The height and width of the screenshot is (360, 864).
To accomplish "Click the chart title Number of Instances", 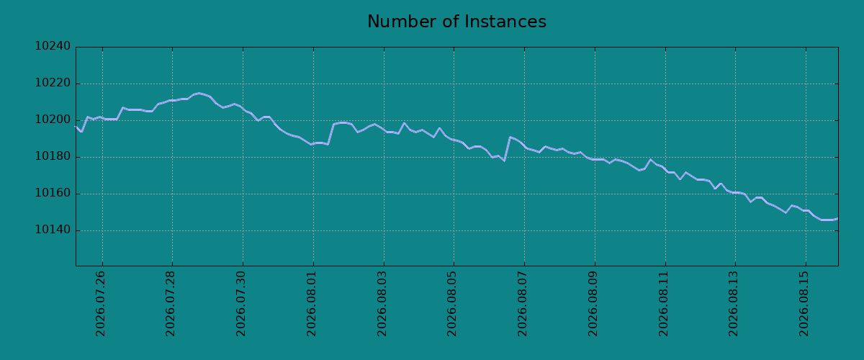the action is pyautogui.click(x=456, y=22).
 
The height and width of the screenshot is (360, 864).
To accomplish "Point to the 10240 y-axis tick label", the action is pyautogui.click(x=53, y=46).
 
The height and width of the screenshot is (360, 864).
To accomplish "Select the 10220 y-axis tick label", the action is pyautogui.click(x=53, y=83).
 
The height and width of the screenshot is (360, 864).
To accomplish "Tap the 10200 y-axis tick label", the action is pyautogui.click(x=53, y=120).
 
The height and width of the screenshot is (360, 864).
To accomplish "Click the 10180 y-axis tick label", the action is pyautogui.click(x=53, y=157).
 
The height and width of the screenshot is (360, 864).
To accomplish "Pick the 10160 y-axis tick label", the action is pyautogui.click(x=53, y=193).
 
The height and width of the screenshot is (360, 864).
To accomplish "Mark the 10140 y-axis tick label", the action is pyautogui.click(x=53, y=230).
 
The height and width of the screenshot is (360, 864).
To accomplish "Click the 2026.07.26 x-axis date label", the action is pyautogui.click(x=100, y=304).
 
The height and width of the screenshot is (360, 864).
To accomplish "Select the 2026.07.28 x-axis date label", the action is pyautogui.click(x=170, y=304).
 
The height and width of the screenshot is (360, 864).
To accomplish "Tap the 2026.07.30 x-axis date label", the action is pyautogui.click(x=240, y=304).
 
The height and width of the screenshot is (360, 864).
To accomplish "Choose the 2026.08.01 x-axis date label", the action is pyautogui.click(x=311, y=304).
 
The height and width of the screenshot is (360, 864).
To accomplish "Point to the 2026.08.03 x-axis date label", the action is pyautogui.click(x=382, y=304).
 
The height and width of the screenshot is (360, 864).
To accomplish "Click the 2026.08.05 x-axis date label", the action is pyautogui.click(x=451, y=304).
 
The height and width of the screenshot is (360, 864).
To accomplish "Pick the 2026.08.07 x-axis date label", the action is pyautogui.click(x=522, y=304).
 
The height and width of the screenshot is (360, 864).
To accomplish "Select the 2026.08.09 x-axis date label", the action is pyautogui.click(x=593, y=304).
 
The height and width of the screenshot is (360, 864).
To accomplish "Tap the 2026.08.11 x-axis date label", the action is pyautogui.click(x=663, y=304).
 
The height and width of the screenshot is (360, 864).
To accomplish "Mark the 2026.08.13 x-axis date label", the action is pyautogui.click(x=733, y=304).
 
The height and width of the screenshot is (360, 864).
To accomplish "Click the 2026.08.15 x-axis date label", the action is pyautogui.click(x=804, y=304).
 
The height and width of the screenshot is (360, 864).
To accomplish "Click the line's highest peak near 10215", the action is pyautogui.click(x=199, y=93).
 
